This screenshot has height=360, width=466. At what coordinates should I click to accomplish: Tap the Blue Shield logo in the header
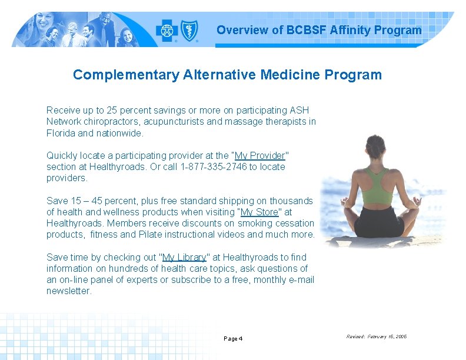[x=188, y=30]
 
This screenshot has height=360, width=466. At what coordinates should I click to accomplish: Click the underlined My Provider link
[x=260, y=156]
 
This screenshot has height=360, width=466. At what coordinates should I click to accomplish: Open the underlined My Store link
[x=259, y=212]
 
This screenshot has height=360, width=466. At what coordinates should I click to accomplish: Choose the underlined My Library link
[x=184, y=258]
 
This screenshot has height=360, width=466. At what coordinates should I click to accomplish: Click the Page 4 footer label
[x=233, y=339]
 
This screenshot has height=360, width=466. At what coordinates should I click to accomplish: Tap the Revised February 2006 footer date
[x=376, y=337]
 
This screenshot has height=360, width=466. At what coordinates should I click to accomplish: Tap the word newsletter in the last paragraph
[x=69, y=291]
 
